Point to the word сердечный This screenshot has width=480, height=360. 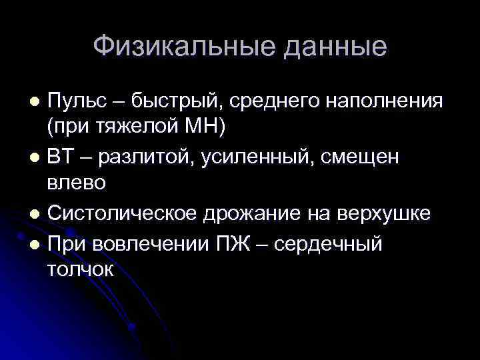click(x=334, y=243)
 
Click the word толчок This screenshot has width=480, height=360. click(x=81, y=269)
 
